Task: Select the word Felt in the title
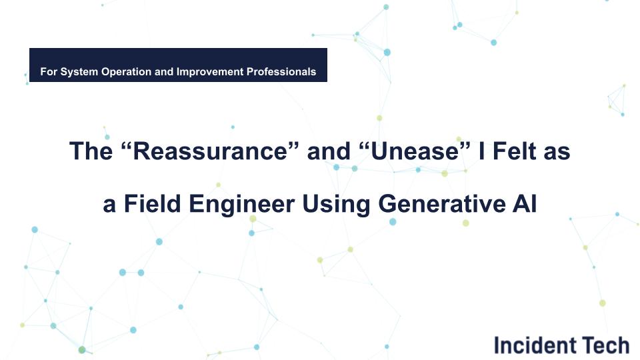point(511,152)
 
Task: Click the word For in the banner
point(48,71)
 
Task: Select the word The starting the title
point(91,152)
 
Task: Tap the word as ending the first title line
point(557,152)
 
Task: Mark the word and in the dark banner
point(164,71)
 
